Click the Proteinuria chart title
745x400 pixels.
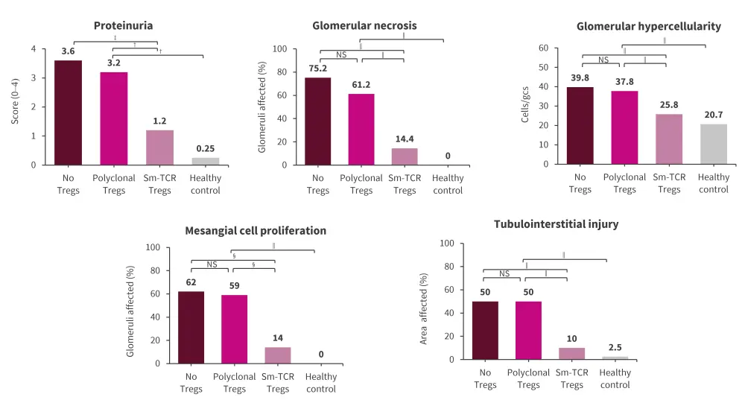[x=124, y=25]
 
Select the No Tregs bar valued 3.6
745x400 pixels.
[x=68, y=112]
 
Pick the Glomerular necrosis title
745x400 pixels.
[x=364, y=25]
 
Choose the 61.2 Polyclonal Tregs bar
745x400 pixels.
[x=361, y=129]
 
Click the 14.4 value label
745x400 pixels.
[x=405, y=138]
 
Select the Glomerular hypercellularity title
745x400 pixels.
[x=648, y=26]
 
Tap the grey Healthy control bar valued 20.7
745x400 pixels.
[x=714, y=144]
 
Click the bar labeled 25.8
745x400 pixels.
[x=669, y=139]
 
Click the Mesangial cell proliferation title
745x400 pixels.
[x=256, y=230]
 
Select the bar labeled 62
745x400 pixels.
[x=191, y=327]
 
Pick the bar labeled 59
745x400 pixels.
[x=235, y=328]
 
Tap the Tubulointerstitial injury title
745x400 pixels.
[x=556, y=224]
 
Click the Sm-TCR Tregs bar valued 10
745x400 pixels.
[x=572, y=353]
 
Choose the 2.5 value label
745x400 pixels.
[x=615, y=347]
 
